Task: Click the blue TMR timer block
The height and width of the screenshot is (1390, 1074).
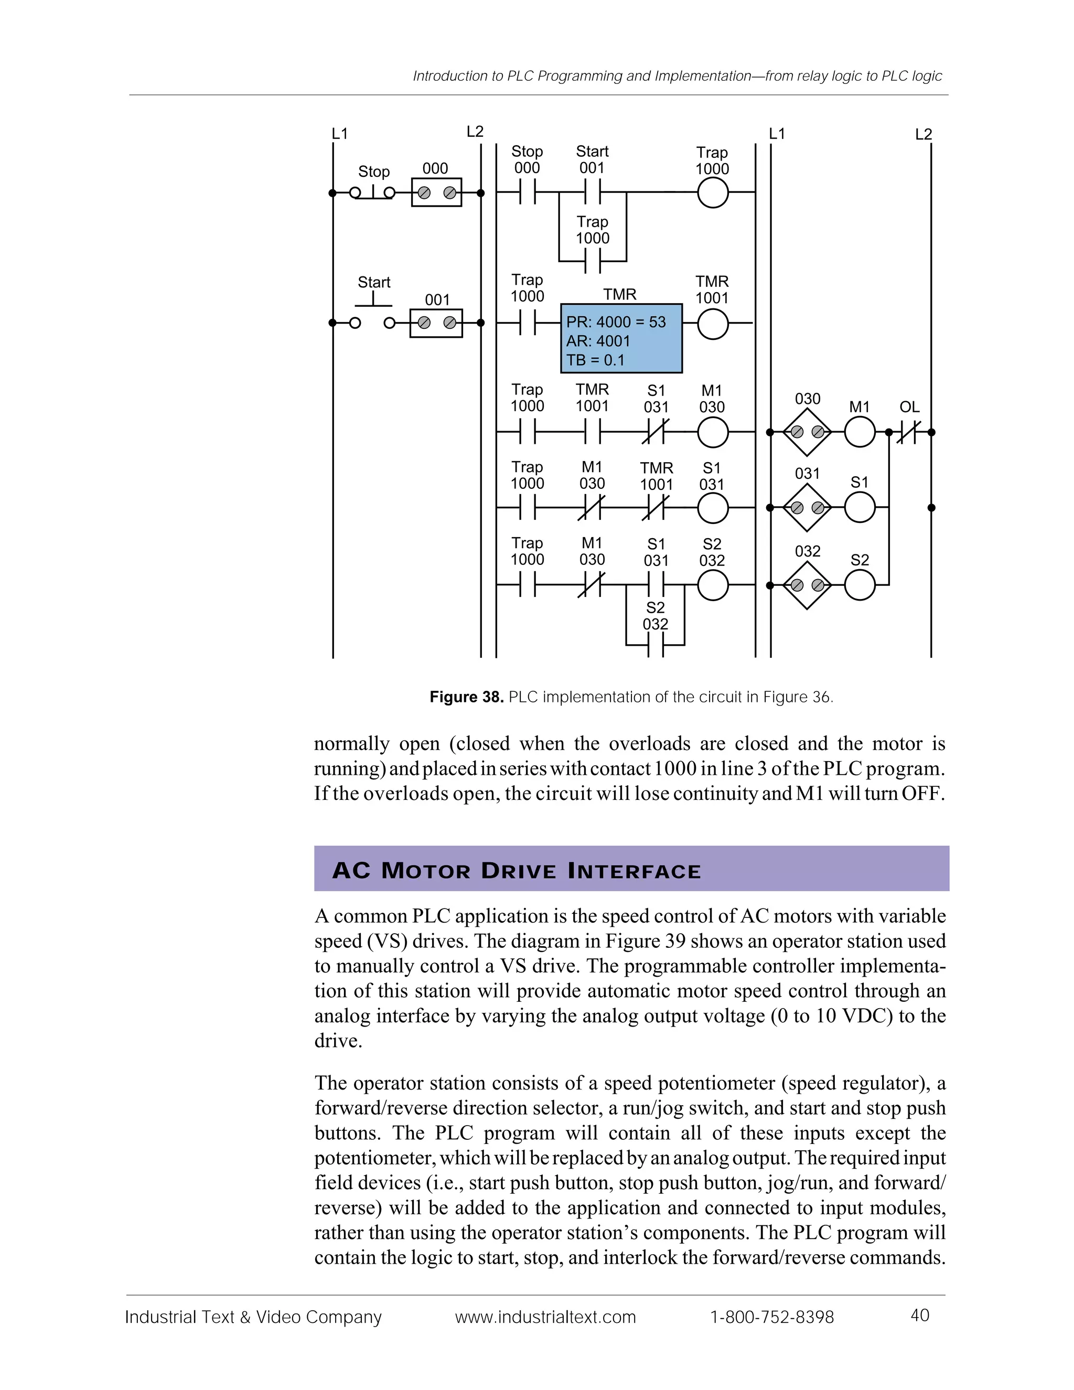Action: pos(621,338)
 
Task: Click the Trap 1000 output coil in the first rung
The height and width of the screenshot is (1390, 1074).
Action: pos(713,192)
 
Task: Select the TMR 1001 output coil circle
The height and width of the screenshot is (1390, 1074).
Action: pos(713,324)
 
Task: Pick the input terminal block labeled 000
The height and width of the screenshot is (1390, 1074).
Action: pos(436,192)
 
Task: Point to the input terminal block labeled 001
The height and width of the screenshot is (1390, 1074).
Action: pos(436,323)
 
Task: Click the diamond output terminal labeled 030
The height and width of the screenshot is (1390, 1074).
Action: pos(807,433)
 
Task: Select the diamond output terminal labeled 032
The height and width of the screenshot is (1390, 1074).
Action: pos(807,585)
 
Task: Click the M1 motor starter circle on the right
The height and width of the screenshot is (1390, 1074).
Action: pos(860,432)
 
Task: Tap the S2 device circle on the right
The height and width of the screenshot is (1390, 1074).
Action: pos(860,585)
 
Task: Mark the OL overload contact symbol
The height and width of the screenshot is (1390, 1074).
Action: pos(909,433)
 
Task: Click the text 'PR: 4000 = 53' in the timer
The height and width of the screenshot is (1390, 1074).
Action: pos(616,322)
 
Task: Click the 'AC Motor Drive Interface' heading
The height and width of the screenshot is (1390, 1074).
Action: pos(516,871)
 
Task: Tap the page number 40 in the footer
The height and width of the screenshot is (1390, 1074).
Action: pos(920,1315)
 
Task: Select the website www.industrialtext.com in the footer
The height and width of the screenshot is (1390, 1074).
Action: pos(545,1317)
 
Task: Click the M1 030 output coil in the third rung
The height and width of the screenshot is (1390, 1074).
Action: pos(713,433)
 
